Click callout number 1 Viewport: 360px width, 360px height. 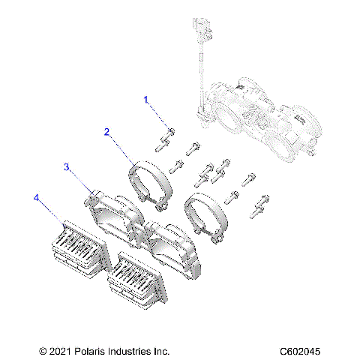click(x=147, y=100)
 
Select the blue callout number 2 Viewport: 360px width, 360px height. click(x=107, y=132)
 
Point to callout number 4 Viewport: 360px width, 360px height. click(x=35, y=197)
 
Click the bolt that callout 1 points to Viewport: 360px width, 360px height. click(x=167, y=136)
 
